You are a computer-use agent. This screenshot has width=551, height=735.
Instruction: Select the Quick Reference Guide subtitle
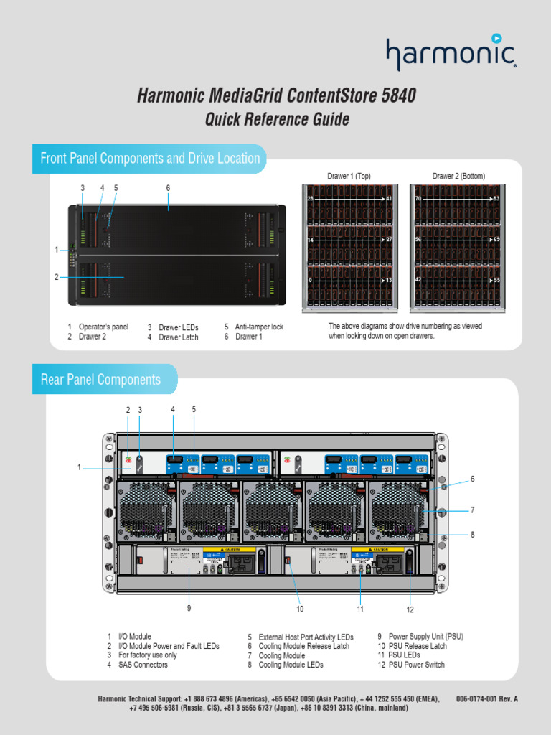click(277, 119)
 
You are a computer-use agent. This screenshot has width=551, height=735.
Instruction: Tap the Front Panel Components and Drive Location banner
click(150, 159)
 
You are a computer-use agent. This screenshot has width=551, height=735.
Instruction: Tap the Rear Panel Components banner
click(100, 379)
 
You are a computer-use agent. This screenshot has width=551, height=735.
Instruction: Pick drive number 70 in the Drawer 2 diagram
click(418, 198)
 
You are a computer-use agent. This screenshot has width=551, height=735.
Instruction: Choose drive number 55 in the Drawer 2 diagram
click(495, 279)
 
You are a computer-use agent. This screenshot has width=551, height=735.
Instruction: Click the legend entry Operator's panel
click(103, 327)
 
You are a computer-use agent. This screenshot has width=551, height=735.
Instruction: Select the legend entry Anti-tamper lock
click(259, 327)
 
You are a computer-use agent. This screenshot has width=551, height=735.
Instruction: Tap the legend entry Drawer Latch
click(178, 337)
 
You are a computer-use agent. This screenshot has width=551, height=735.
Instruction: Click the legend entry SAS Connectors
click(143, 665)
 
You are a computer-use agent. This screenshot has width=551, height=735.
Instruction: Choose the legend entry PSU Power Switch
click(416, 665)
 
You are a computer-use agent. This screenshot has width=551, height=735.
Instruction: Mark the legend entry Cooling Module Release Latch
click(303, 646)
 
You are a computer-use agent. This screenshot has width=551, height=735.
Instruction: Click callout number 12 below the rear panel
click(410, 609)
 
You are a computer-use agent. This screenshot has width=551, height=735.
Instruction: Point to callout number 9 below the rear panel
click(189, 608)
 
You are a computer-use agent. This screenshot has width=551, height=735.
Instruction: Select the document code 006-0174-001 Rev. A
click(486, 698)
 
